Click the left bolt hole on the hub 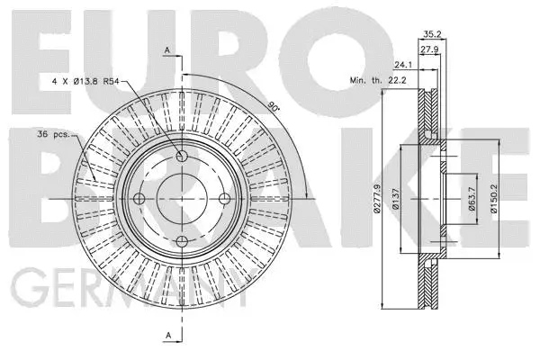tap(139, 199)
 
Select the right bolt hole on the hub tap(224, 199)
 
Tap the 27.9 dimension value tap(429, 49)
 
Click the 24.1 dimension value tap(402, 65)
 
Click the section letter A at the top tap(166, 50)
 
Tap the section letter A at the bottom tap(166, 337)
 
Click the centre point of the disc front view tap(182, 199)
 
